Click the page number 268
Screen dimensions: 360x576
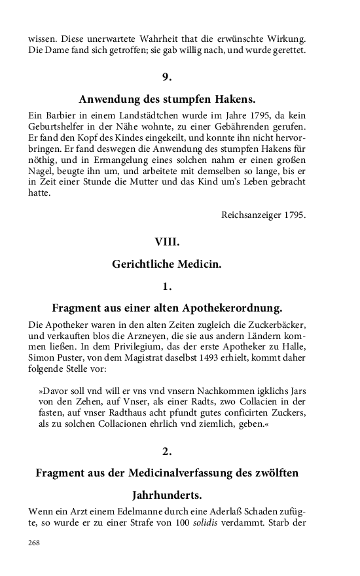click(x=34, y=542)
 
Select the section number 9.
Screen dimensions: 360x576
click(x=167, y=77)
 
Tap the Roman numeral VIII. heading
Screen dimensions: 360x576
click(x=167, y=242)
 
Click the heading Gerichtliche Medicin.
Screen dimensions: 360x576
click(x=167, y=264)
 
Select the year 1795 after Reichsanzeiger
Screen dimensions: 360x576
click(x=292, y=215)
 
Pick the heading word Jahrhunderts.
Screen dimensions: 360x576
click(x=167, y=494)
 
